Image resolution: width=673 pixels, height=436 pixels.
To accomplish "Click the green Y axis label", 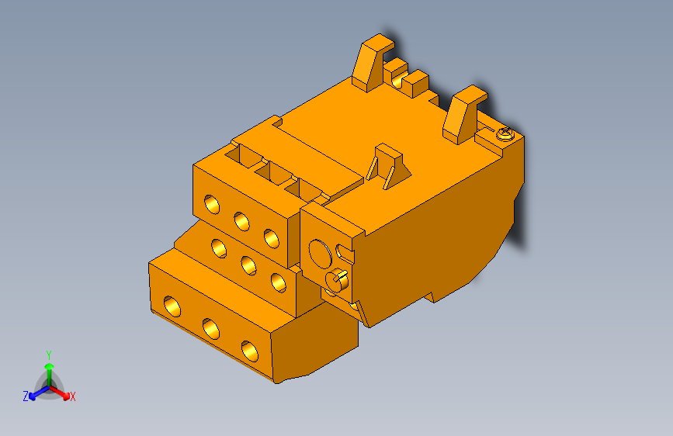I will tap(48, 354).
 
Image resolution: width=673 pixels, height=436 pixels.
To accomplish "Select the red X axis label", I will tap(73, 396).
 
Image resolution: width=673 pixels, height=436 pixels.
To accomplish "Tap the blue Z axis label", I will tap(26, 396).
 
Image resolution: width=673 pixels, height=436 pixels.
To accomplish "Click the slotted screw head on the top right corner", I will tap(505, 135).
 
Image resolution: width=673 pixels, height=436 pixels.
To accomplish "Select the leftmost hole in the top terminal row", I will tap(211, 205).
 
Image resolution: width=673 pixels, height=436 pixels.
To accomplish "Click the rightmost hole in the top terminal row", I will tap(271, 238).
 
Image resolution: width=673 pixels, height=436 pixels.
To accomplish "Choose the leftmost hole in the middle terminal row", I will tap(219, 249).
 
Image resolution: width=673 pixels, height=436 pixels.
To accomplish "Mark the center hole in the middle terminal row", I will tap(248, 266).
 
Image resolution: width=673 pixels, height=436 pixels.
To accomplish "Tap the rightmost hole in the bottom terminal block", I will tap(249, 351).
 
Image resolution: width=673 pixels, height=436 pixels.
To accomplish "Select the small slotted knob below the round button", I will tap(335, 280).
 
